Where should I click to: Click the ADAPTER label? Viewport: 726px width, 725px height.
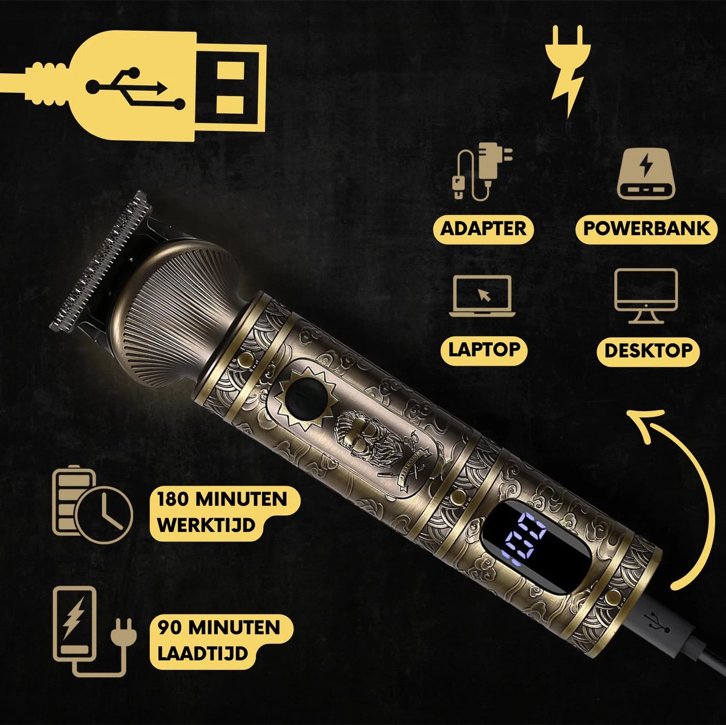pos(483,229)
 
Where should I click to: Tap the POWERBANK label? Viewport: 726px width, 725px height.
pos(646,229)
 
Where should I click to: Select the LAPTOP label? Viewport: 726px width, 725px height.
pos(483,349)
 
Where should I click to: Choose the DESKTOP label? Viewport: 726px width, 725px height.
pos(648,350)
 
